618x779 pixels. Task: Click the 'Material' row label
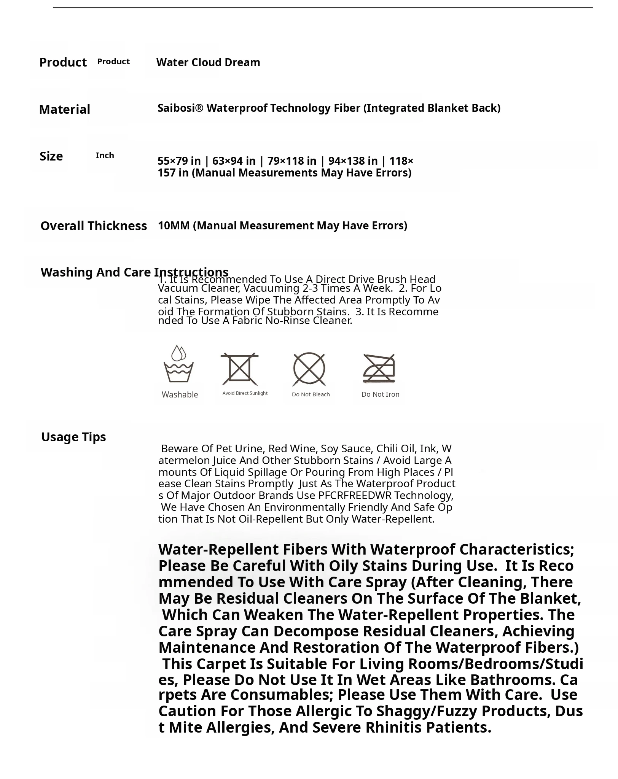tap(64, 110)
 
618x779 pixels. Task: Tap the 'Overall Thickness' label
tap(94, 226)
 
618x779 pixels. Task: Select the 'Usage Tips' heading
tap(73, 437)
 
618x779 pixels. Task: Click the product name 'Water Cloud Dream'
tap(208, 62)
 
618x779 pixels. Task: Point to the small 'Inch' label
tap(105, 156)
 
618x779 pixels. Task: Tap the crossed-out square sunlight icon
tap(239, 369)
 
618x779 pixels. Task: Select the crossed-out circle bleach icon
tap(309, 369)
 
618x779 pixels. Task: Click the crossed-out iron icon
tap(379, 369)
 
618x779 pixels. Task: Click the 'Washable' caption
tap(180, 395)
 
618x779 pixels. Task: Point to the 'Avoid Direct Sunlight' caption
tap(245, 393)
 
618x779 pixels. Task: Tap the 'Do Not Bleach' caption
tap(311, 394)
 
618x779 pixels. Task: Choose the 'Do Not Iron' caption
tap(380, 394)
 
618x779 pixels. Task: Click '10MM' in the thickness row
tap(174, 226)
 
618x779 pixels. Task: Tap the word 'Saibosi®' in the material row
tap(180, 108)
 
